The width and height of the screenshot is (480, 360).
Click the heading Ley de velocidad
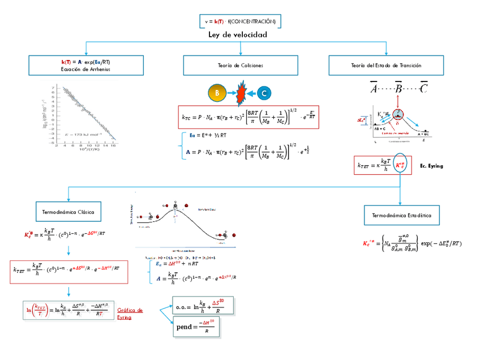tap(238, 35)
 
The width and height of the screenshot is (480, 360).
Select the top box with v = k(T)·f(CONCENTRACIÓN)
tap(240, 22)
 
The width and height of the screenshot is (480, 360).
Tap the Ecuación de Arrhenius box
tap(84, 65)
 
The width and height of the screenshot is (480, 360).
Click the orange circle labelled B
tap(217, 92)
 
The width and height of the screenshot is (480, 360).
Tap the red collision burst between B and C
tap(240, 92)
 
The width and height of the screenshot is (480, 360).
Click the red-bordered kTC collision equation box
tap(248, 118)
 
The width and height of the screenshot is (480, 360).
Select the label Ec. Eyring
tap(431, 166)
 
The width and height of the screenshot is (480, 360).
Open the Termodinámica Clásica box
tap(68, 212)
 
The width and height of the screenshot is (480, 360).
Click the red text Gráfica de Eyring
tap(130, 314)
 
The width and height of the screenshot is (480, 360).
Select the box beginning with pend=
tap(196, 327)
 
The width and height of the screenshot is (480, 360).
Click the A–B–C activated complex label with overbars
tap(398, 88)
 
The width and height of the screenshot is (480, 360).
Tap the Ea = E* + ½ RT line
tap(208, 136)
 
